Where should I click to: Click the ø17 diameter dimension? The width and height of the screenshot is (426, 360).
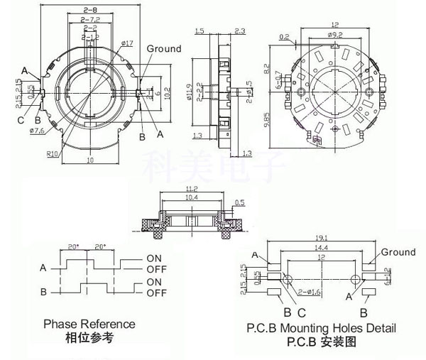pyautogui.click(x=129, y=45)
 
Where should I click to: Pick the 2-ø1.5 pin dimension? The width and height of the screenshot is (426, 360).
pyautogui.click(x=248, y=92)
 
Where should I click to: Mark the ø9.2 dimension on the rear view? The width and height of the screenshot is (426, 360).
pyautogui.click(x=334, y=35)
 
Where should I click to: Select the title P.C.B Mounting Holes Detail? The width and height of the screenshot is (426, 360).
pyautogui.click(x=322, y=328)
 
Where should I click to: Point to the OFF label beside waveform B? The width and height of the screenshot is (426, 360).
pyautogui.click(x=156, y=293)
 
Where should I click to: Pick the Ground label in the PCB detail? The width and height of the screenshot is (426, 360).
pyautogui.click(x=398, y=252)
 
